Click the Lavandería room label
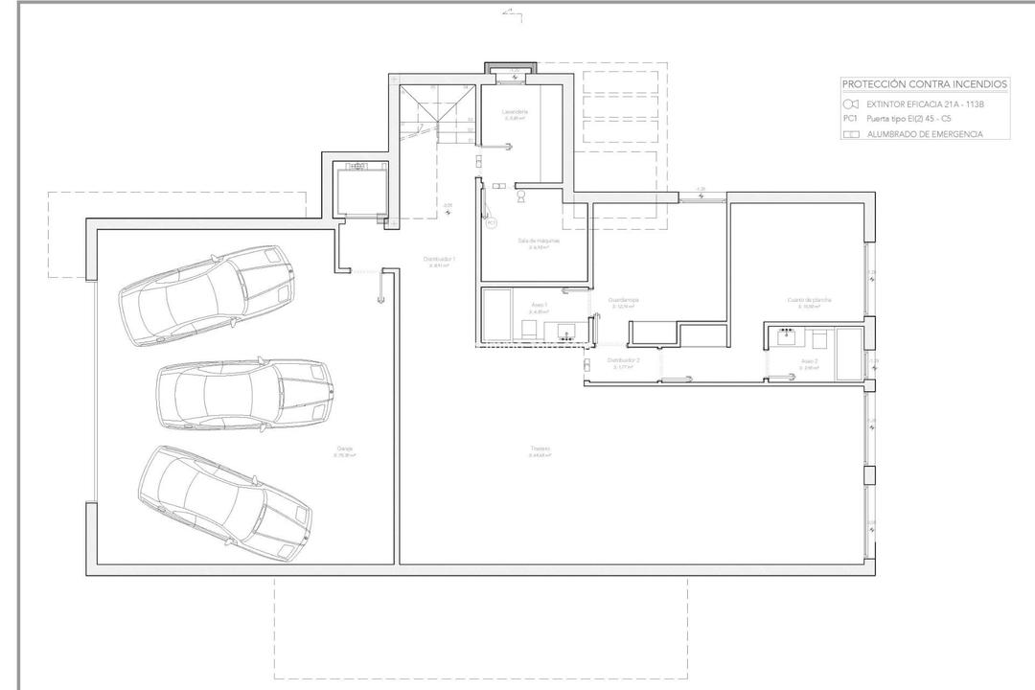(515, 112)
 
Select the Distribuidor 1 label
(440, 259)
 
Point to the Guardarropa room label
(623, 300)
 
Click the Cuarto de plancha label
(810, 300)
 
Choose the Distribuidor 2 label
(623, 360)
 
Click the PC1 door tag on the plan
(491, 222)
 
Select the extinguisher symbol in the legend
(849, 103)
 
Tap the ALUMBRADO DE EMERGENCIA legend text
(924, 134)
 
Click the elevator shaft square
(359, 188)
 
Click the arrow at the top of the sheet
(512, 13)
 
